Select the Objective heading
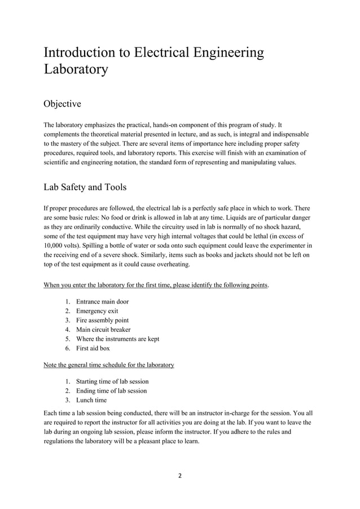click(x=62, y=104)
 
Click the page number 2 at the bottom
click(x=179, y=475)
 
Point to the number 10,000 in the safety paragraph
click(x=56, y=246)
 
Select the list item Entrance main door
click(x=102, y=301)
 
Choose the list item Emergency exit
click(x=97, y=311)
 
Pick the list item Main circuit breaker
click(x=103, y=330)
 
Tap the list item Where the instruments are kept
click(x=117, y=339)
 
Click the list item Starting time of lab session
click(x=112, y=381)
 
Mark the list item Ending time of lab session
click(x=111, y=390)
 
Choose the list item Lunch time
click(x=91, y=400)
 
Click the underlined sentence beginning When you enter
click(x=156, y=285)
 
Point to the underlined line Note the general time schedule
click(x=109, y=365)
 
